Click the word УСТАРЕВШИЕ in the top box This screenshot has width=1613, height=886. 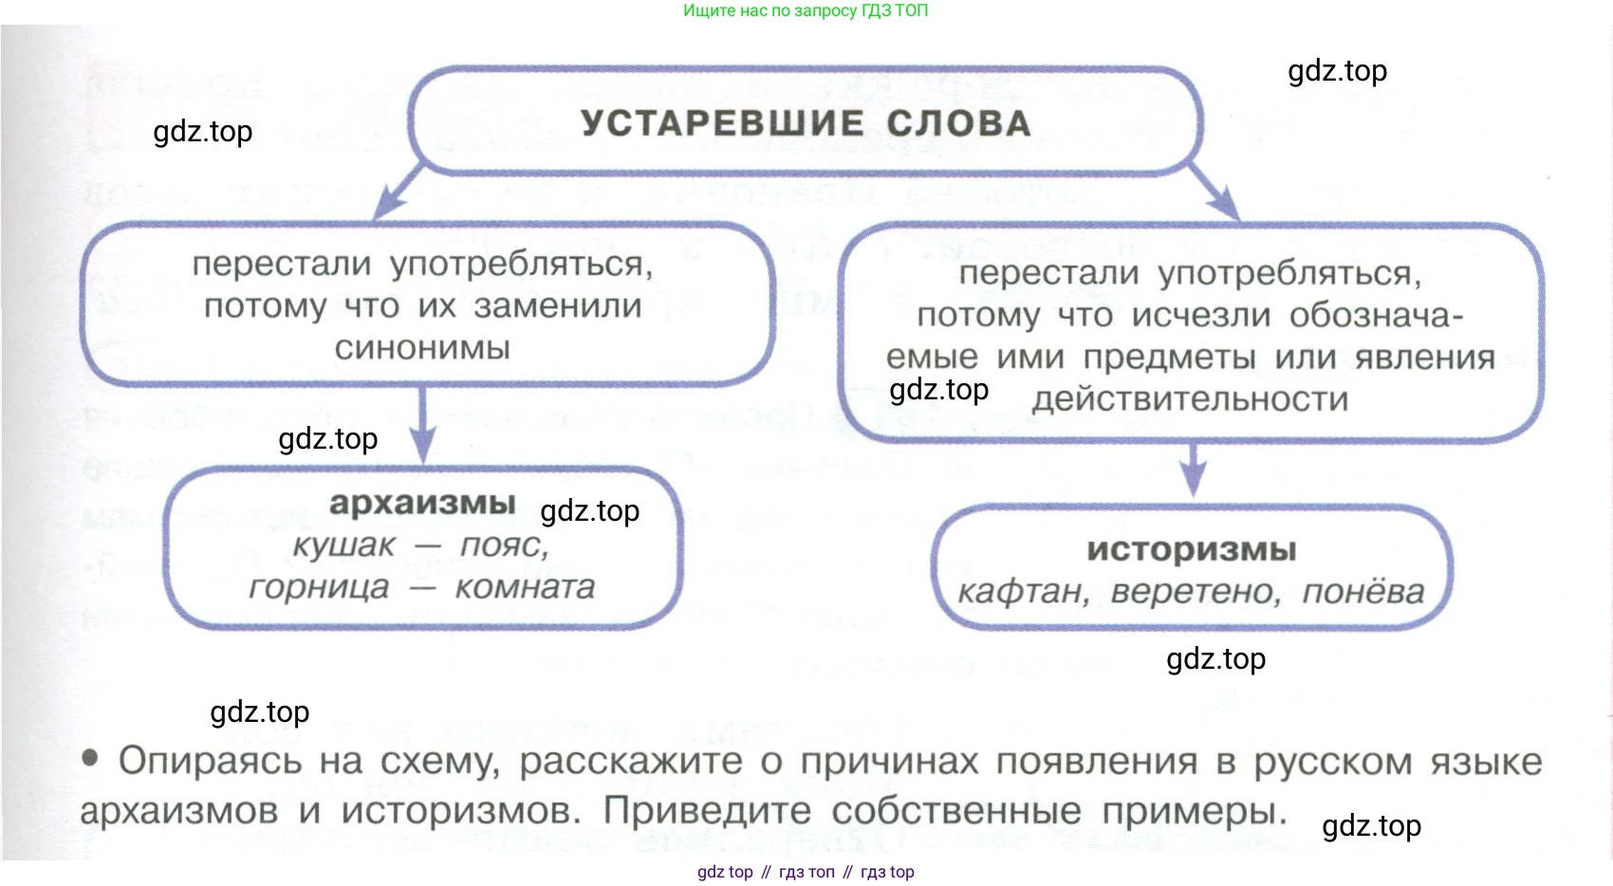722,123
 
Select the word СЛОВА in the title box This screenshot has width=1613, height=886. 958,123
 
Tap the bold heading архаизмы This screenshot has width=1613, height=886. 422,503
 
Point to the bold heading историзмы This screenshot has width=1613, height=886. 1191,549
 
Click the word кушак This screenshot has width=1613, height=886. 343,545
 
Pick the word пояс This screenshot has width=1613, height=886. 504,545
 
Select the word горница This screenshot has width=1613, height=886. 319,588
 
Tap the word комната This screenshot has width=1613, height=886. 525,588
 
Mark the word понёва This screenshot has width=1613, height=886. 1363,592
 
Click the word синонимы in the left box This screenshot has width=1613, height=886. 422,348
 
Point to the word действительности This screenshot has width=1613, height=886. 1190,399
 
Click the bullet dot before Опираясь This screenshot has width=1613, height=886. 91,758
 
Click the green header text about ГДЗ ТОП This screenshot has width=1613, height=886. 806,10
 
